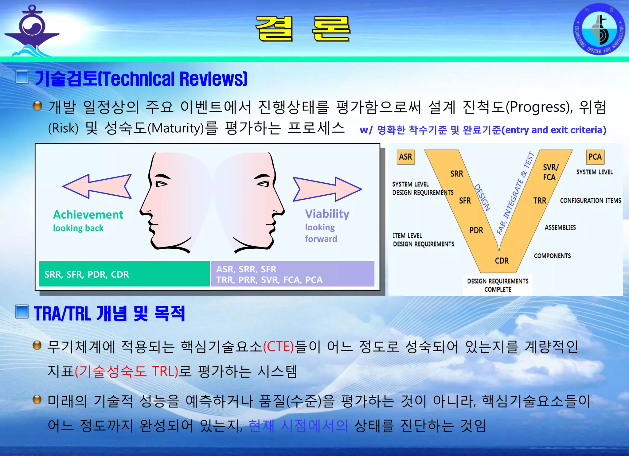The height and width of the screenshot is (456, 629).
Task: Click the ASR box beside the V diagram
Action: click(405, 157)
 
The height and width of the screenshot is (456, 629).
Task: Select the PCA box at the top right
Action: click(595, 157)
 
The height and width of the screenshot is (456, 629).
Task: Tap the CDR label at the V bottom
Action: click(502, 261)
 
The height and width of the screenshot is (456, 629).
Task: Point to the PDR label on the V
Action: click(476, 230)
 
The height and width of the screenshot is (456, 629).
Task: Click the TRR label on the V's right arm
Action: click(540, 201)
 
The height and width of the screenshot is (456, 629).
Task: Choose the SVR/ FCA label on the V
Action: click(550, 172)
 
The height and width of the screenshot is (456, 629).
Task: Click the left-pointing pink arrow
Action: click(97, 186)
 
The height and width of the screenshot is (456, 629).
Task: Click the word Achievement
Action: click(88, 215)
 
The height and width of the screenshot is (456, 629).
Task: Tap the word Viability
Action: click(327, 214)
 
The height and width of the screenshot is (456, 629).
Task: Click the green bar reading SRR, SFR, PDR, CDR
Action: click(124, 274)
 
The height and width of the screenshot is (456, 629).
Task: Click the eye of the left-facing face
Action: click(161, 184)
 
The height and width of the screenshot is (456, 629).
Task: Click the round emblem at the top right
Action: click(599, 29)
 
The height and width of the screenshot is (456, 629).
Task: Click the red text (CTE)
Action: click(279, 347)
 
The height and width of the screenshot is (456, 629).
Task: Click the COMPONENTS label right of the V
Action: click(552, 256)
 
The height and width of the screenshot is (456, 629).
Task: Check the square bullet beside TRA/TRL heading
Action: click(22, 312)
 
